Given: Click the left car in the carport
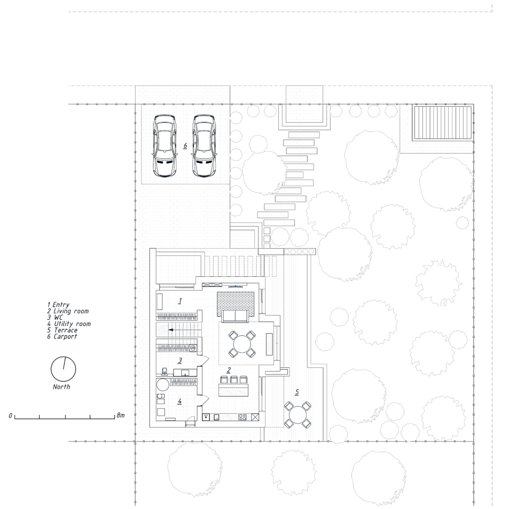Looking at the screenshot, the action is (165, 146).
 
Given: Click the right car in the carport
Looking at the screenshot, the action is (204, 146).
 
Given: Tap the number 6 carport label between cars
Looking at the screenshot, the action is (185, 146).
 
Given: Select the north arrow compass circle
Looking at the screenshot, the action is (63, 369).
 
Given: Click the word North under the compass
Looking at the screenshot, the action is (61, 387).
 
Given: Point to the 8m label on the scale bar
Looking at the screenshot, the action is (120, 415).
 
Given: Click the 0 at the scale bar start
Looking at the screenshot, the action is (10, 416).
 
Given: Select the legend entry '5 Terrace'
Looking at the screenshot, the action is (62, 330).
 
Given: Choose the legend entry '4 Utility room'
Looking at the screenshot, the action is (69, 324).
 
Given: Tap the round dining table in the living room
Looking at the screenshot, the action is (242, 344).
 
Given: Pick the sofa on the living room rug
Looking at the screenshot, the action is (235, 317).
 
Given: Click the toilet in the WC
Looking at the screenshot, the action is (165, 371).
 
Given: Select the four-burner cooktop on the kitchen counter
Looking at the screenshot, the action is (243, 418).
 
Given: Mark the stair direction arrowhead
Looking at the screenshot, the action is (170, 330).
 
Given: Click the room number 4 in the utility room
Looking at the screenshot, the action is (179, 402).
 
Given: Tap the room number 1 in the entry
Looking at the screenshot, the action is (180, 301).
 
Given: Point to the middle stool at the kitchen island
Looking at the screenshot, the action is (234, 379).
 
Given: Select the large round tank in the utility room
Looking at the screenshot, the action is (163, 386).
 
